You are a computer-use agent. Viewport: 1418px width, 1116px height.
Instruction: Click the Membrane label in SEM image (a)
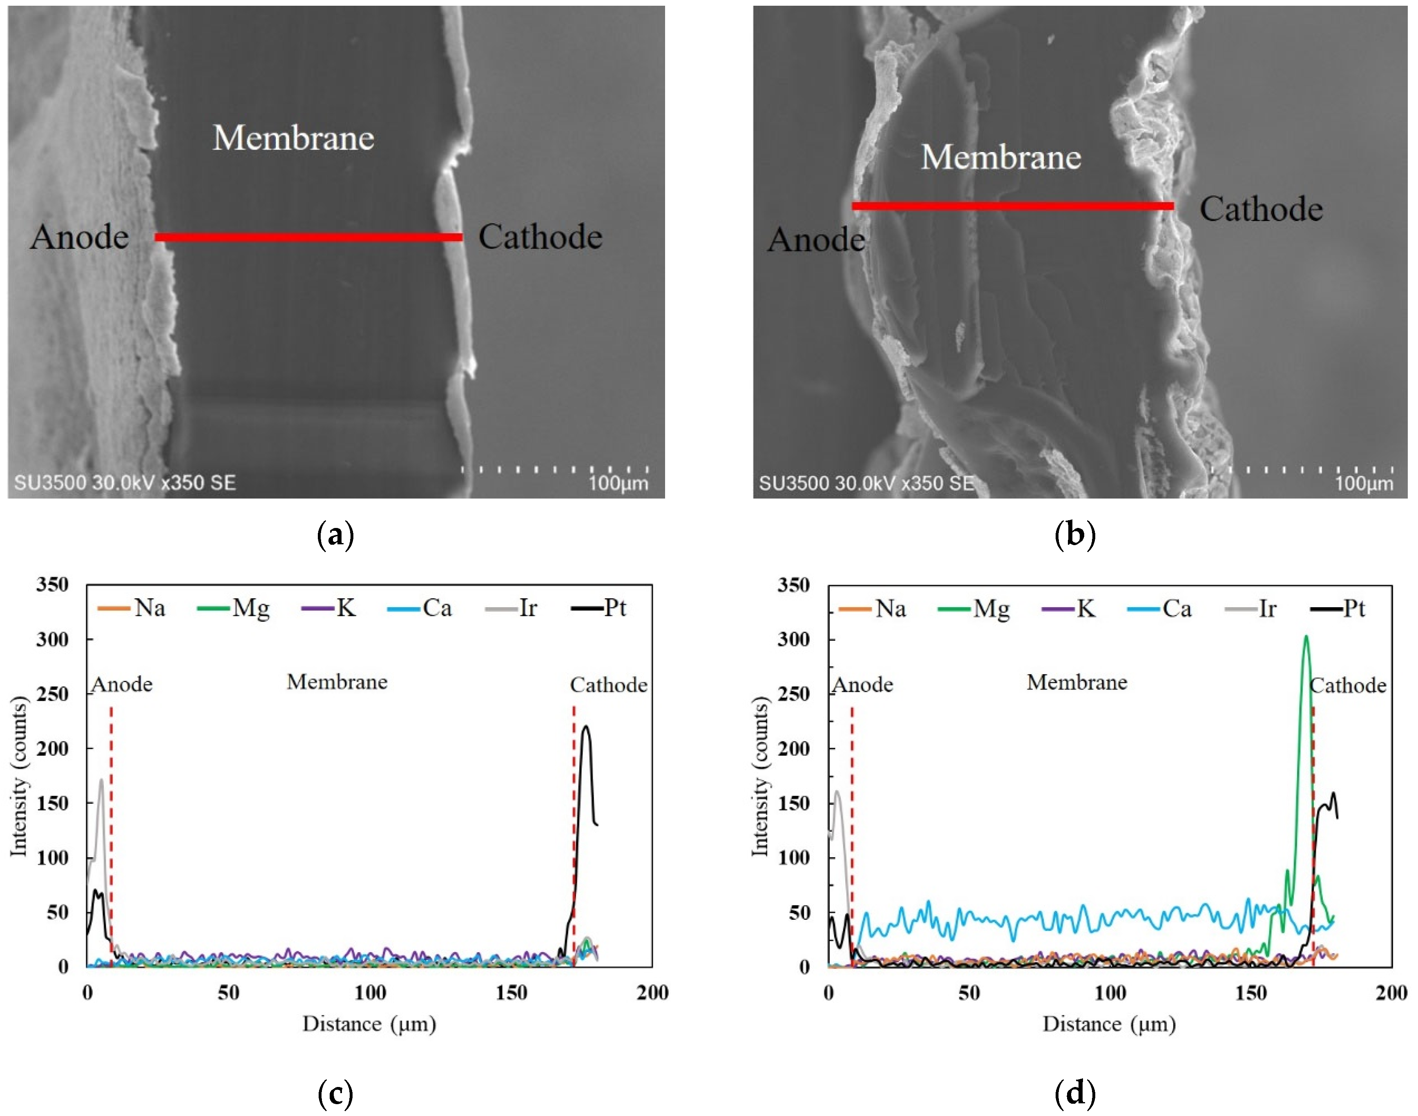[293, 138]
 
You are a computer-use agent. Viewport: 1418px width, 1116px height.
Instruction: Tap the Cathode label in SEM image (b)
[1261, 209]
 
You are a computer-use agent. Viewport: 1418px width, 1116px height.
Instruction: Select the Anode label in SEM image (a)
[79, 237]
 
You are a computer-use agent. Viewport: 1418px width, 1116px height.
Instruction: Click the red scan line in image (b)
[1012, 206]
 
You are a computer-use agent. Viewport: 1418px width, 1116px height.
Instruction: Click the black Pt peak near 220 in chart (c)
[586, 727]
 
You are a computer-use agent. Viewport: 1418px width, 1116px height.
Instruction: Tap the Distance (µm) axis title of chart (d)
[1109, 1024]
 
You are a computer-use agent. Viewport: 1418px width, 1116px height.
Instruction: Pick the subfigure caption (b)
[1074, 535]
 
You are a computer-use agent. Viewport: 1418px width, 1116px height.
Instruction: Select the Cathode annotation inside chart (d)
[1347, 685]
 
